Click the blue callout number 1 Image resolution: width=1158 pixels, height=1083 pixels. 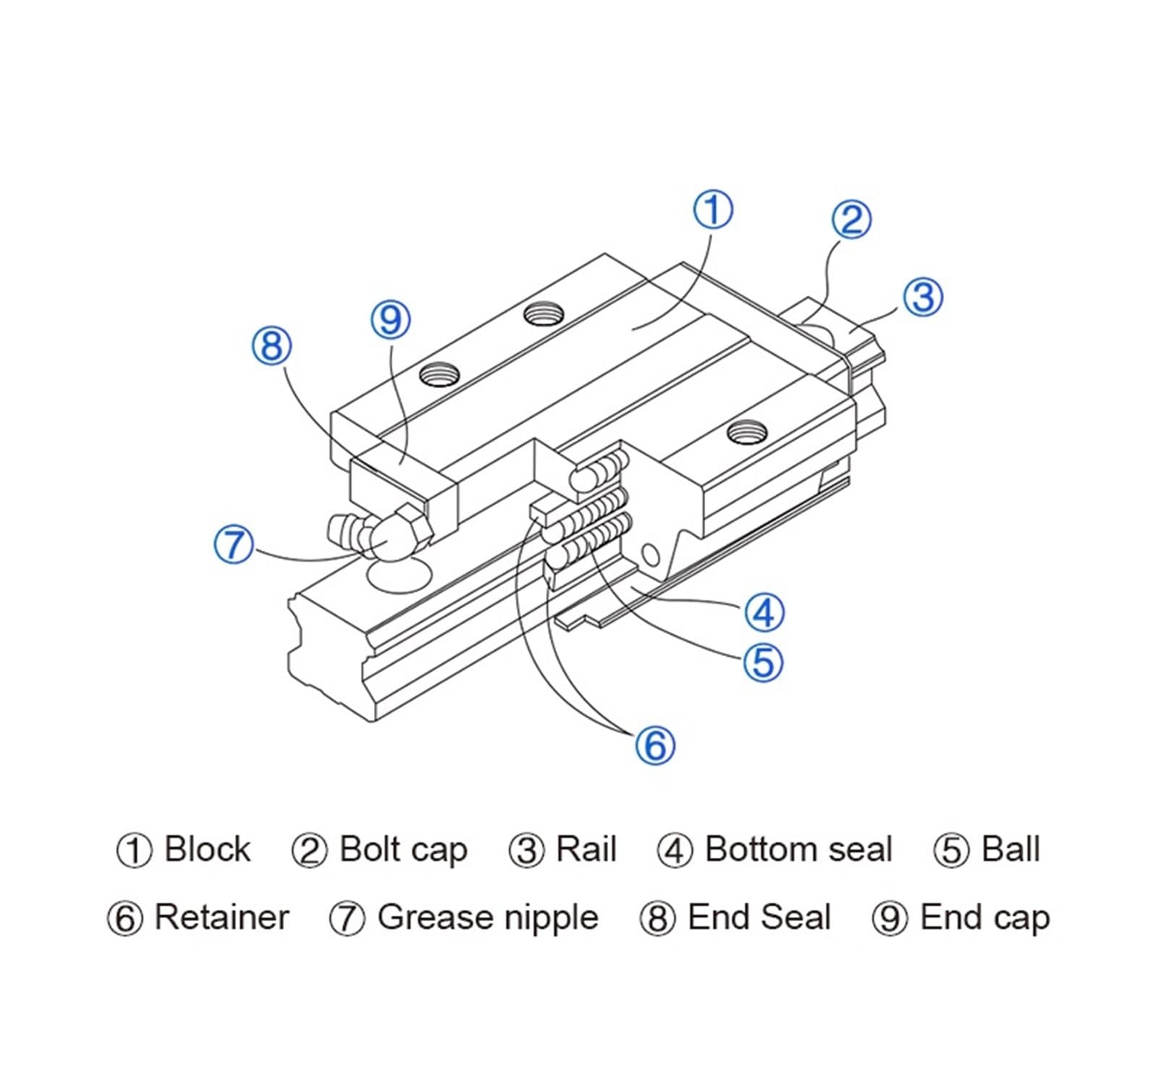coord(713,209)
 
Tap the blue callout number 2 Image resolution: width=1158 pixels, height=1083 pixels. coord(850,220)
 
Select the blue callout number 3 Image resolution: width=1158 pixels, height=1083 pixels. coord(923,296)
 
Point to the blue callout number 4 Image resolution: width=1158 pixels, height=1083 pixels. coord(764,612)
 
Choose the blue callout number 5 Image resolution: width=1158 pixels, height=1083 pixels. coord(764,661)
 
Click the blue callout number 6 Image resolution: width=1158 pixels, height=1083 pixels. coord(655,744)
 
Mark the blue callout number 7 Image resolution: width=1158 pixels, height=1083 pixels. coord(234,543)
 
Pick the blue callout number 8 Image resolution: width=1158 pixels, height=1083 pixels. coord(271,345)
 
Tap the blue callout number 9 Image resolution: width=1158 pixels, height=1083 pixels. coord(390,319)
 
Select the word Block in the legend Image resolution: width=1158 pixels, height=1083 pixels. coord(207,849)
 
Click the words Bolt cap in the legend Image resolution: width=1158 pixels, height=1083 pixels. coord(403,849)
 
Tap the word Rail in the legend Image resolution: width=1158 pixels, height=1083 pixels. coord(586,849)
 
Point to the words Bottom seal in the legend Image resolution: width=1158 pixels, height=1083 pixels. coord(798,849)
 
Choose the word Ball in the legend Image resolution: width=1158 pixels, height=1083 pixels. coord(1010,849)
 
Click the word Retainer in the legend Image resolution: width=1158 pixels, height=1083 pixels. coord(221,917)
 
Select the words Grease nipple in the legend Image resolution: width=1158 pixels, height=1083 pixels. coord(488,917)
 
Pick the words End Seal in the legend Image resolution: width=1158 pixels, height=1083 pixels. coord(758,917)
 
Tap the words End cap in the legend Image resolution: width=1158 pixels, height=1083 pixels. coord(984,917)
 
